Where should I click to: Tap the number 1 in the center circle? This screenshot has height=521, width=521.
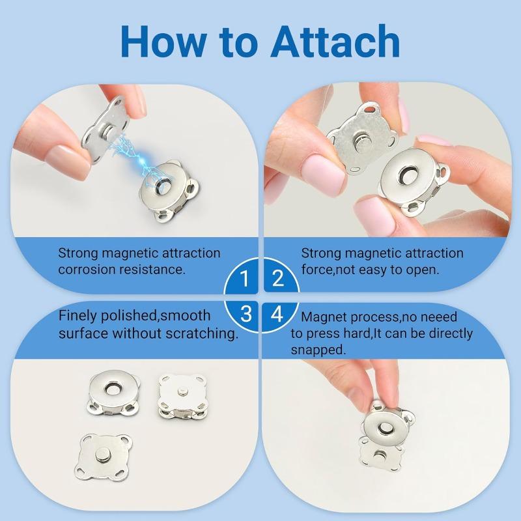(x=244, y=280)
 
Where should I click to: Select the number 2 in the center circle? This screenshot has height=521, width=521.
(x=277, y=280)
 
